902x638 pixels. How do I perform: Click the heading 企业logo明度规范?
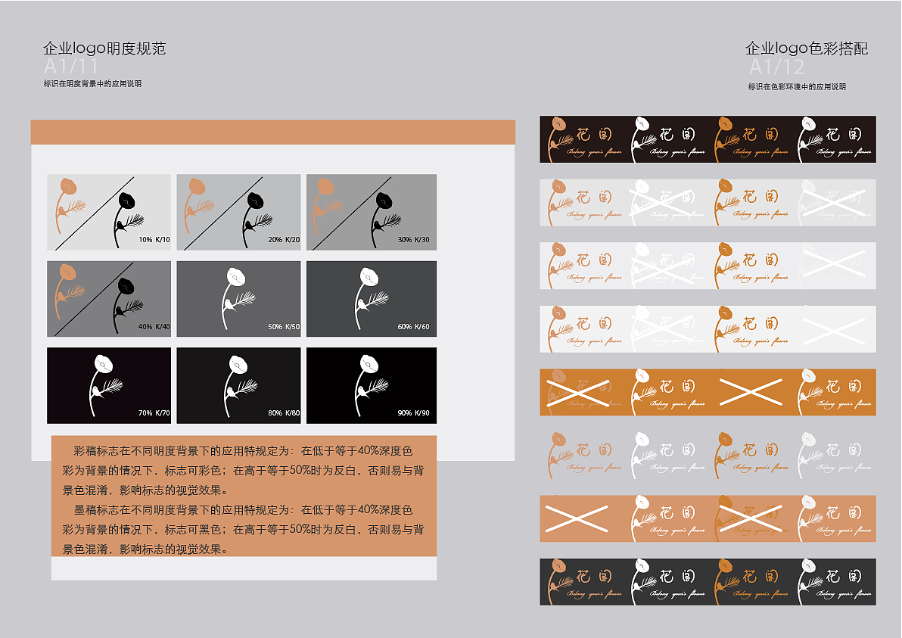point(104,49)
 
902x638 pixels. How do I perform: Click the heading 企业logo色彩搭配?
point(807,49)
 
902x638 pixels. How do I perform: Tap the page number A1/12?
point(776,67)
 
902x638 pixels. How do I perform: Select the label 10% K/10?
point(154,240)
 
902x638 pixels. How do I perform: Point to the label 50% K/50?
point(284,327)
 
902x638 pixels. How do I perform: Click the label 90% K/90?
point(413,413)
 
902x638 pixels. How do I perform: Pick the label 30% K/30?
point(413,240)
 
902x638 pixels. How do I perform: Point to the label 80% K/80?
point(284,413)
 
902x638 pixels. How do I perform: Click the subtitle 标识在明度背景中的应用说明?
point(93,84)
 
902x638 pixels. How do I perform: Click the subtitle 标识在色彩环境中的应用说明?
point(797,87)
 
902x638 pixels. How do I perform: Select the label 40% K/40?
point(154,327)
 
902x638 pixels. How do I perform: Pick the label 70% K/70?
point(154,413)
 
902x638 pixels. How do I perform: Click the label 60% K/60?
point(413,327)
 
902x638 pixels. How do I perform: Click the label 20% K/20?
point(284,240)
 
